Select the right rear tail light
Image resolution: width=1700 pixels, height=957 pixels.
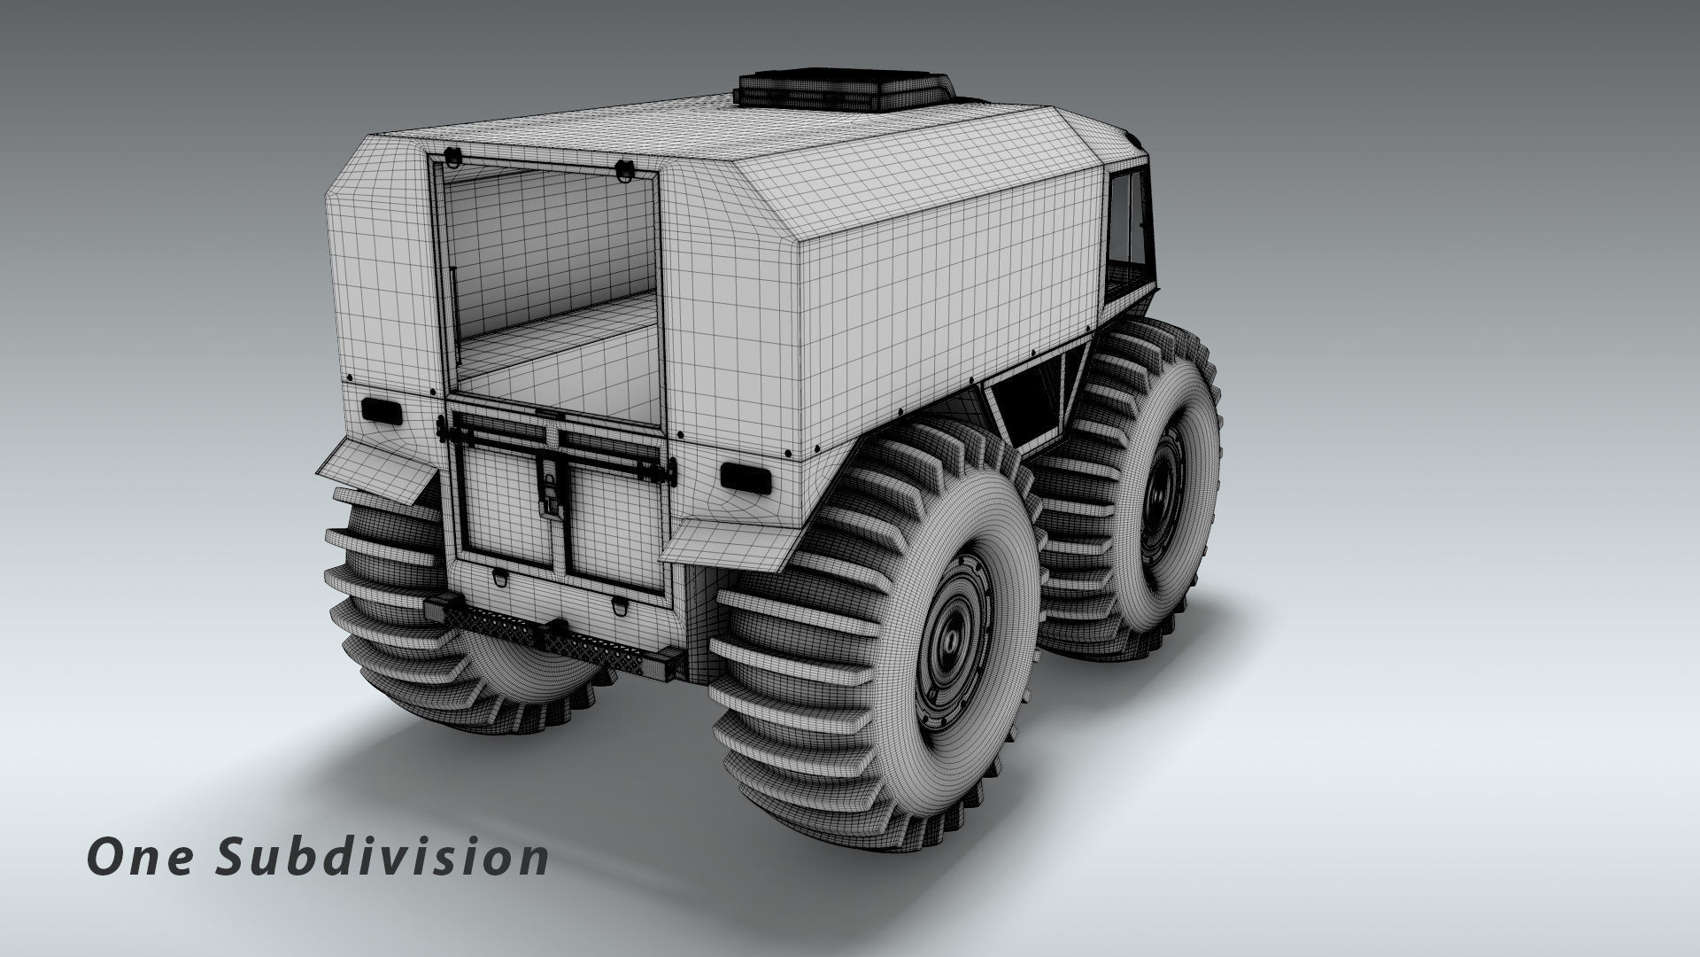point(743,477)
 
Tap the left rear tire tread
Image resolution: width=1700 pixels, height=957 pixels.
point(390,603)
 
